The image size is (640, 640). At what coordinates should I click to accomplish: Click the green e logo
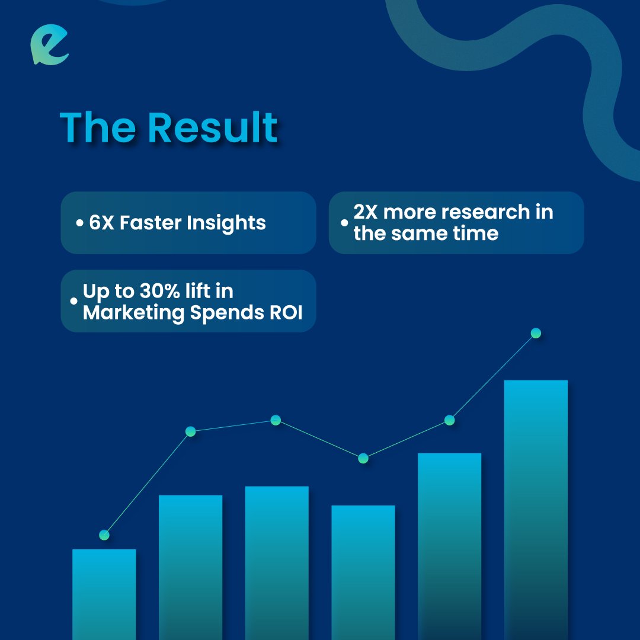[50, 46]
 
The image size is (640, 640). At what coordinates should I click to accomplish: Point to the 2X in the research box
[366, 212]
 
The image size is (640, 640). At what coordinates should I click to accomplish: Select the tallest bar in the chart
[536, 510]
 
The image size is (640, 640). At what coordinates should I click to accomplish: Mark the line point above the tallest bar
[536, 333]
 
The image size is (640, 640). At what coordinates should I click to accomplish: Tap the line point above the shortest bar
[104, 535]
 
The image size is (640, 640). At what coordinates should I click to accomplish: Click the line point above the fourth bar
[363, 458]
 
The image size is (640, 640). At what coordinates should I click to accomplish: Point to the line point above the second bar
[190, 431]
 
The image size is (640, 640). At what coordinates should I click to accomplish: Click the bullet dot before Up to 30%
[73, 301]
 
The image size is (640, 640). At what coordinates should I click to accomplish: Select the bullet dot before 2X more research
[344, 223]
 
